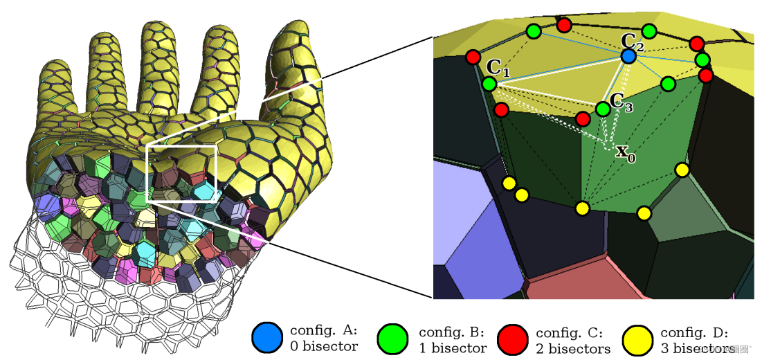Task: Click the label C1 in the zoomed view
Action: (498, 69)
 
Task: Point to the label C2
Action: (633, 42)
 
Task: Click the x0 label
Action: (626, 152)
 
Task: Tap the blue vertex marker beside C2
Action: (628, 55)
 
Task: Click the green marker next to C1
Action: (489, 84)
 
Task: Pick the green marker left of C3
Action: (603, 109)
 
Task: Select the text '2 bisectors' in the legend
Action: (573, 348)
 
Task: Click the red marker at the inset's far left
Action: (473, 57)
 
